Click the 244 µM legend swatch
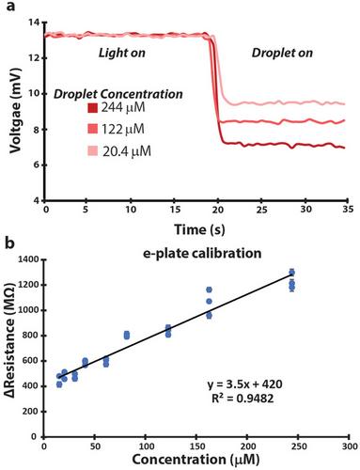(x=93, y=108)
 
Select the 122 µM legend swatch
(x=93, y=129)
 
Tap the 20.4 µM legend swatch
(x=93, y=151)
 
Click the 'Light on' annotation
(x=122, y=53)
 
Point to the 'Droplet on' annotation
(x=282, y=53)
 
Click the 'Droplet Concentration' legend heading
(x=118, y=94)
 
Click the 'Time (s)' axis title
(x=199, y=229)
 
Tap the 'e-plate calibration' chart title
(x=202, y=253)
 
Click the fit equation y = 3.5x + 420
(x=245, y=384)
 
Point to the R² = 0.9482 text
(x=243, y=399)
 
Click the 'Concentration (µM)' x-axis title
(x=196, y=460)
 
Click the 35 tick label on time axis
(x=347, y=209)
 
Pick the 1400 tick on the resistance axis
(x=29, y=259)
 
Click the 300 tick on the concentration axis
(x=350, y=446)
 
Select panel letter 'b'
(x=10, y=243)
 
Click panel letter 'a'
(x=10, y=7)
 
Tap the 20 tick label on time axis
(x=218, y=209)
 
